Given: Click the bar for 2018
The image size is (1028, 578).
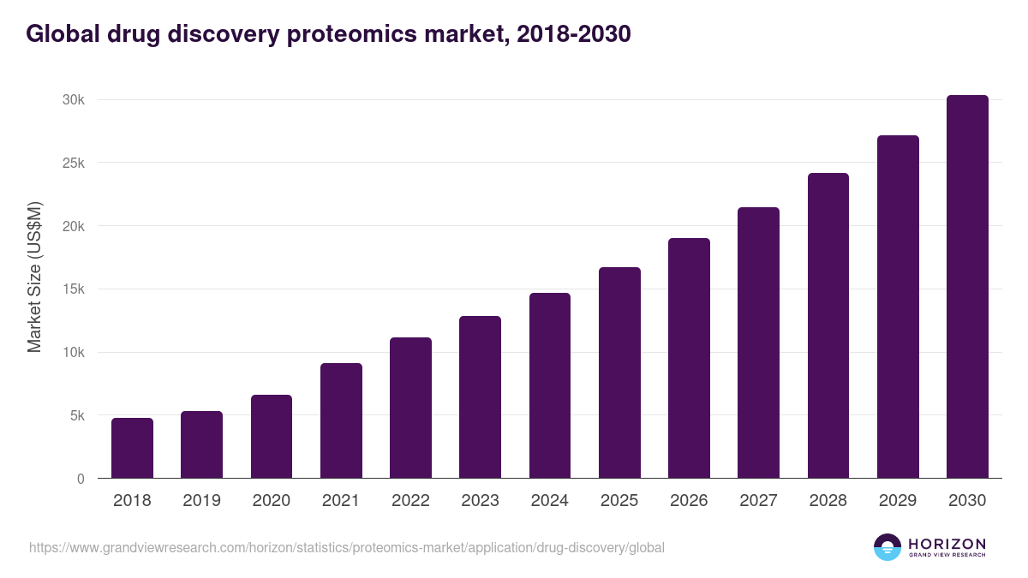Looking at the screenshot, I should pyautogui.click(x=132, y=448).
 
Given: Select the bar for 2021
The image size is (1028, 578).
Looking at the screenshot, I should pyautogui.click(x=341, y=420).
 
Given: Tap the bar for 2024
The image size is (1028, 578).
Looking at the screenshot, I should pyautogui.click(x=550, y=385).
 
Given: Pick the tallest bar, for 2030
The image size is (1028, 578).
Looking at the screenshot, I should pyautogui.click(x=967, y=287).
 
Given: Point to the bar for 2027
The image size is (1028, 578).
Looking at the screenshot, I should pyautogui.click(x=758, y=343).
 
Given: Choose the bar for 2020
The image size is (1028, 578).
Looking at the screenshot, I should pyautogui.click(x=272, y=437).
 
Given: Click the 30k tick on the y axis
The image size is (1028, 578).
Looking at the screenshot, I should pyautogui.click(x=73, y=100).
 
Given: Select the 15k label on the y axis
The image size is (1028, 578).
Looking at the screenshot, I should pyautogui.click(x=73, y=289).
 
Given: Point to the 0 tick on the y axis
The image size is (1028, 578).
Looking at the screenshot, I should pyautogui.click(x=81, y=479).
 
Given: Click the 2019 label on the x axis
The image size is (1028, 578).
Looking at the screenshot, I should pyautogui.click(x=201, y=501).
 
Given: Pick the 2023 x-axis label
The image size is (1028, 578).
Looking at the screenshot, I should pyautogui.click(x=480, y=501).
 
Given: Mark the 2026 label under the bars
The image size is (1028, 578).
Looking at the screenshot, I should pyautogui.click(x=689, y=501).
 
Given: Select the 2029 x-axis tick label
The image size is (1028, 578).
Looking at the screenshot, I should pyautogui.click(x=898, y=501).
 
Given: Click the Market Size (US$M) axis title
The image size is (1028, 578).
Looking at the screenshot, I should pyautogui.click(x=34, y=277).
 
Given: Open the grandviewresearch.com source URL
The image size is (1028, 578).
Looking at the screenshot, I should pyautogui.click(x=346, y=547).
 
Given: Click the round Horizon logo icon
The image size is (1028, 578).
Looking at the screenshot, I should pyautogui.click(x=888, y=547).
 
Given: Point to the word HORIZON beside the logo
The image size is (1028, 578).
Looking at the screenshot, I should pyautogui.click(x=947, y=543).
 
